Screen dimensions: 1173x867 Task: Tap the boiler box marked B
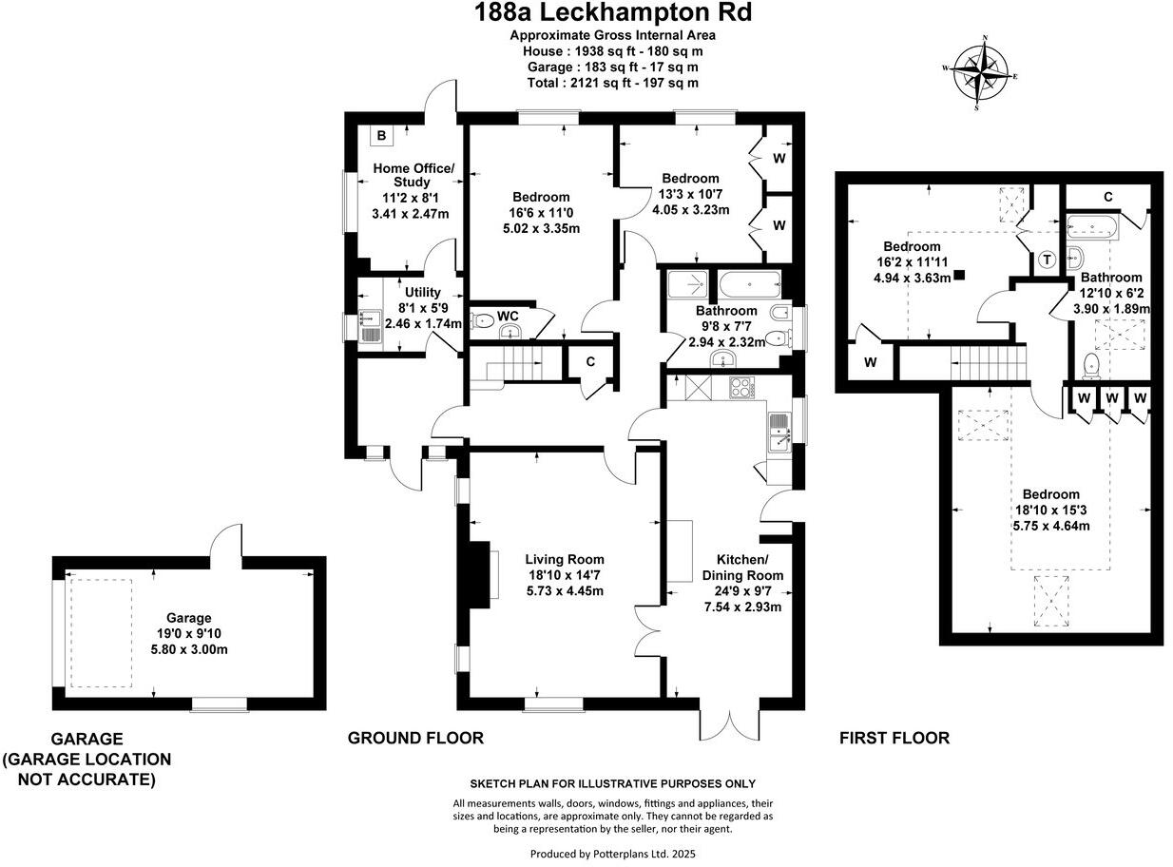[381, 136]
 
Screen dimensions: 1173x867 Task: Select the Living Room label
[566, 559]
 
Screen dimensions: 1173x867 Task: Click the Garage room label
[189, 617]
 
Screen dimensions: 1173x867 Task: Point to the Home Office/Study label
[413, 175]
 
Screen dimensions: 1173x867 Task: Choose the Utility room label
[422, 292]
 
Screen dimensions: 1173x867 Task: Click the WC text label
[508, 316]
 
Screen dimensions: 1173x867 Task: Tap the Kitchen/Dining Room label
[742, 568]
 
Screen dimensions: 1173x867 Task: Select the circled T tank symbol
[1047, 260]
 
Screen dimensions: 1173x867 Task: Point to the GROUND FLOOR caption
[415, 738]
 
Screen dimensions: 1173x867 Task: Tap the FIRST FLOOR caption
[894, 738]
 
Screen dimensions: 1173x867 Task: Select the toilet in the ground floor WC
[483, 320]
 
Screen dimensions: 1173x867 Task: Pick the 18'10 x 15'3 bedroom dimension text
[1050, 510]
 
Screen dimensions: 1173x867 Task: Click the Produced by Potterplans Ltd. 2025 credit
[613, 854]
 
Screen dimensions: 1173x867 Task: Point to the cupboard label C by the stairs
[589, 361]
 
